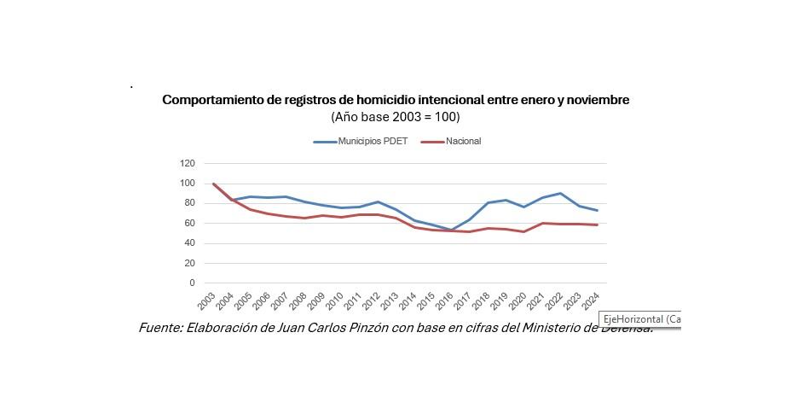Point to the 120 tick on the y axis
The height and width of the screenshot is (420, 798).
[x=187, y=163]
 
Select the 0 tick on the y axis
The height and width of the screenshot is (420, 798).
[x=192, y=283]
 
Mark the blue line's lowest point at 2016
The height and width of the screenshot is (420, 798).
[x=452, y=230]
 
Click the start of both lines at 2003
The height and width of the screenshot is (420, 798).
[x=213, y=184]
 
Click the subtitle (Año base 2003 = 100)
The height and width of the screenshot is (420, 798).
[x=395, y=116]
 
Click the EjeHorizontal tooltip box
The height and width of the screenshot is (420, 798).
[x=640, y=319]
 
